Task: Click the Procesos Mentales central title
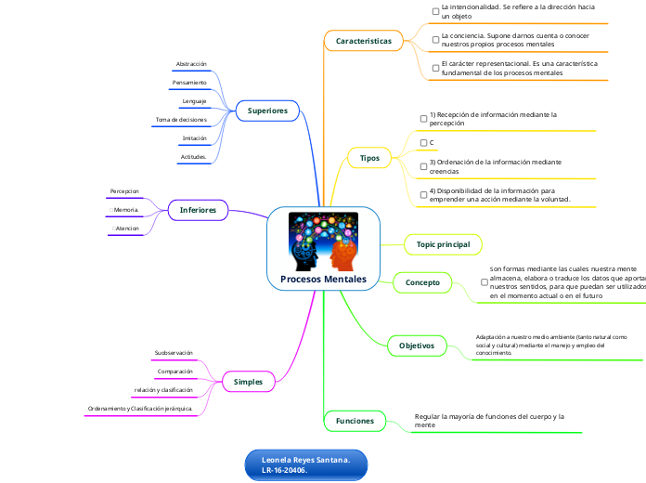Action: click(323, 280)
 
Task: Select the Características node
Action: click(364, 41)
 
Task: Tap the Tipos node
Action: click(369, 158)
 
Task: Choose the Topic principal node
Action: click(443, 244)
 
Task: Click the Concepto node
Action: click(422, 281)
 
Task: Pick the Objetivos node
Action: click(417, 346)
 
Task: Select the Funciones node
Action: click(354, 421)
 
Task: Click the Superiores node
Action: click(267, 111)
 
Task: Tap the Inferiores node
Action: click(198, 211)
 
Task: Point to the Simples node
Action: click(248, 381)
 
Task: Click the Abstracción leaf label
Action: click(191, 64)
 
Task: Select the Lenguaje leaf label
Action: click(194, 101)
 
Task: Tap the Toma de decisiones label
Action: click(181, 120)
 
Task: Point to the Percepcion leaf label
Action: click(124, 191)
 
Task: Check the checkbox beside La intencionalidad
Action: click(435, 11)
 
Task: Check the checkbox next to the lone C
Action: click(423, 142)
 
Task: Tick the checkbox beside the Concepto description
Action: click(484, 281)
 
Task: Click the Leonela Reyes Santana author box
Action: click(305, 465)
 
